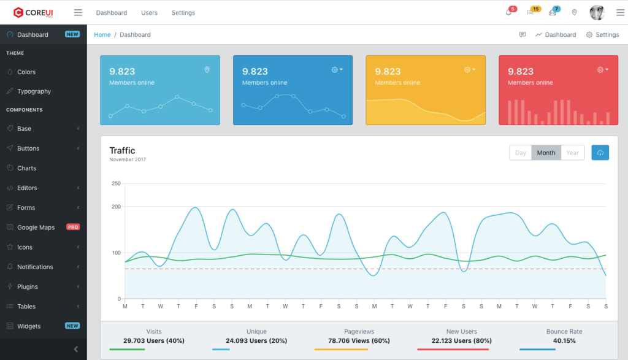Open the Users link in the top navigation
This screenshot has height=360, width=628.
[149, 12]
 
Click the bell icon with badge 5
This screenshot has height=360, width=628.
[508, 12]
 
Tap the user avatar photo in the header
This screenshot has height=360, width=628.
[597, 12]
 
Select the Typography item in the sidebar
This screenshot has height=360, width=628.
[34, 91]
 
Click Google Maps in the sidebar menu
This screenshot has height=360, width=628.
[36, 228]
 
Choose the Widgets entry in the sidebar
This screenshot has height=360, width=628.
[28, 326]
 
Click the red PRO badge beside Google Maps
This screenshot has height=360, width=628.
[73, 228]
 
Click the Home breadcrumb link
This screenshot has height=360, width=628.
[102, 35]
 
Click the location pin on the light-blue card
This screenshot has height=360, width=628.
[207, 70]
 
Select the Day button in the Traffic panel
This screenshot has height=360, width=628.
[520, 153]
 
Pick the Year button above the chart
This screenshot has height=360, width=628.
[572, 153]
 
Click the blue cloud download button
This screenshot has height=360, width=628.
[600, 153]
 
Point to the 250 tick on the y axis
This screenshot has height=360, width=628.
[116, 183]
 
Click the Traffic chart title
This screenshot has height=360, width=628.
[122, 151]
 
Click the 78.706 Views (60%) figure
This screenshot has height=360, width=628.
[359, 341]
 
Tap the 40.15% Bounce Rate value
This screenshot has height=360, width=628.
[564, 341]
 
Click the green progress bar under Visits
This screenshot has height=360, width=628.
[127, 350]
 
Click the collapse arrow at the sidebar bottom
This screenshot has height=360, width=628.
[76, 349]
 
